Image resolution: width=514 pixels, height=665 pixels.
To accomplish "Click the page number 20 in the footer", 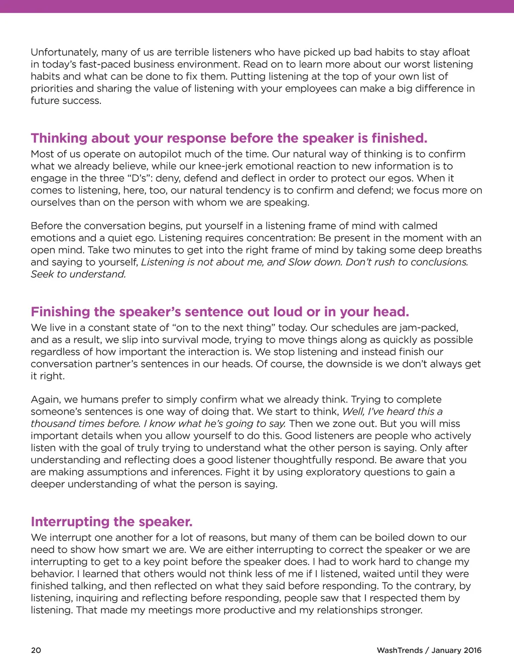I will click(x=36, y=650).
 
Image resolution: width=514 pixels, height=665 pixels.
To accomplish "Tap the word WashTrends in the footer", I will click(x=400, y=650).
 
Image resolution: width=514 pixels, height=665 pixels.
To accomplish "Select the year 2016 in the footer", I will click(x=472, y=650).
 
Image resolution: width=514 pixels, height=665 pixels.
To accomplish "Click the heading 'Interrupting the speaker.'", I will click(x=111, y=521).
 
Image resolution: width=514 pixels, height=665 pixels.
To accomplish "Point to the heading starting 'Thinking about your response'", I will click(x=229, y=138).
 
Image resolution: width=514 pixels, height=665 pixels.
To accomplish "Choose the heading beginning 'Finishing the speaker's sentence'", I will click(x=220, y=312).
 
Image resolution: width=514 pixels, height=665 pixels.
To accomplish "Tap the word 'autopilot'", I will click(x=161, y=154).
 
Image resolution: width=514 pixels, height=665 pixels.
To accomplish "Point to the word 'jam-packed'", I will click(x=431, y=328).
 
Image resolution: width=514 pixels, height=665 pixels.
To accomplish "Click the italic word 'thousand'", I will click(x=52, y=424).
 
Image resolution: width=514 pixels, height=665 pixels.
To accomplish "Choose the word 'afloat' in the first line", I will click(x=454, y=52).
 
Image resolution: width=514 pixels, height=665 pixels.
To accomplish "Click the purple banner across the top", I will click(x=257, y=6).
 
